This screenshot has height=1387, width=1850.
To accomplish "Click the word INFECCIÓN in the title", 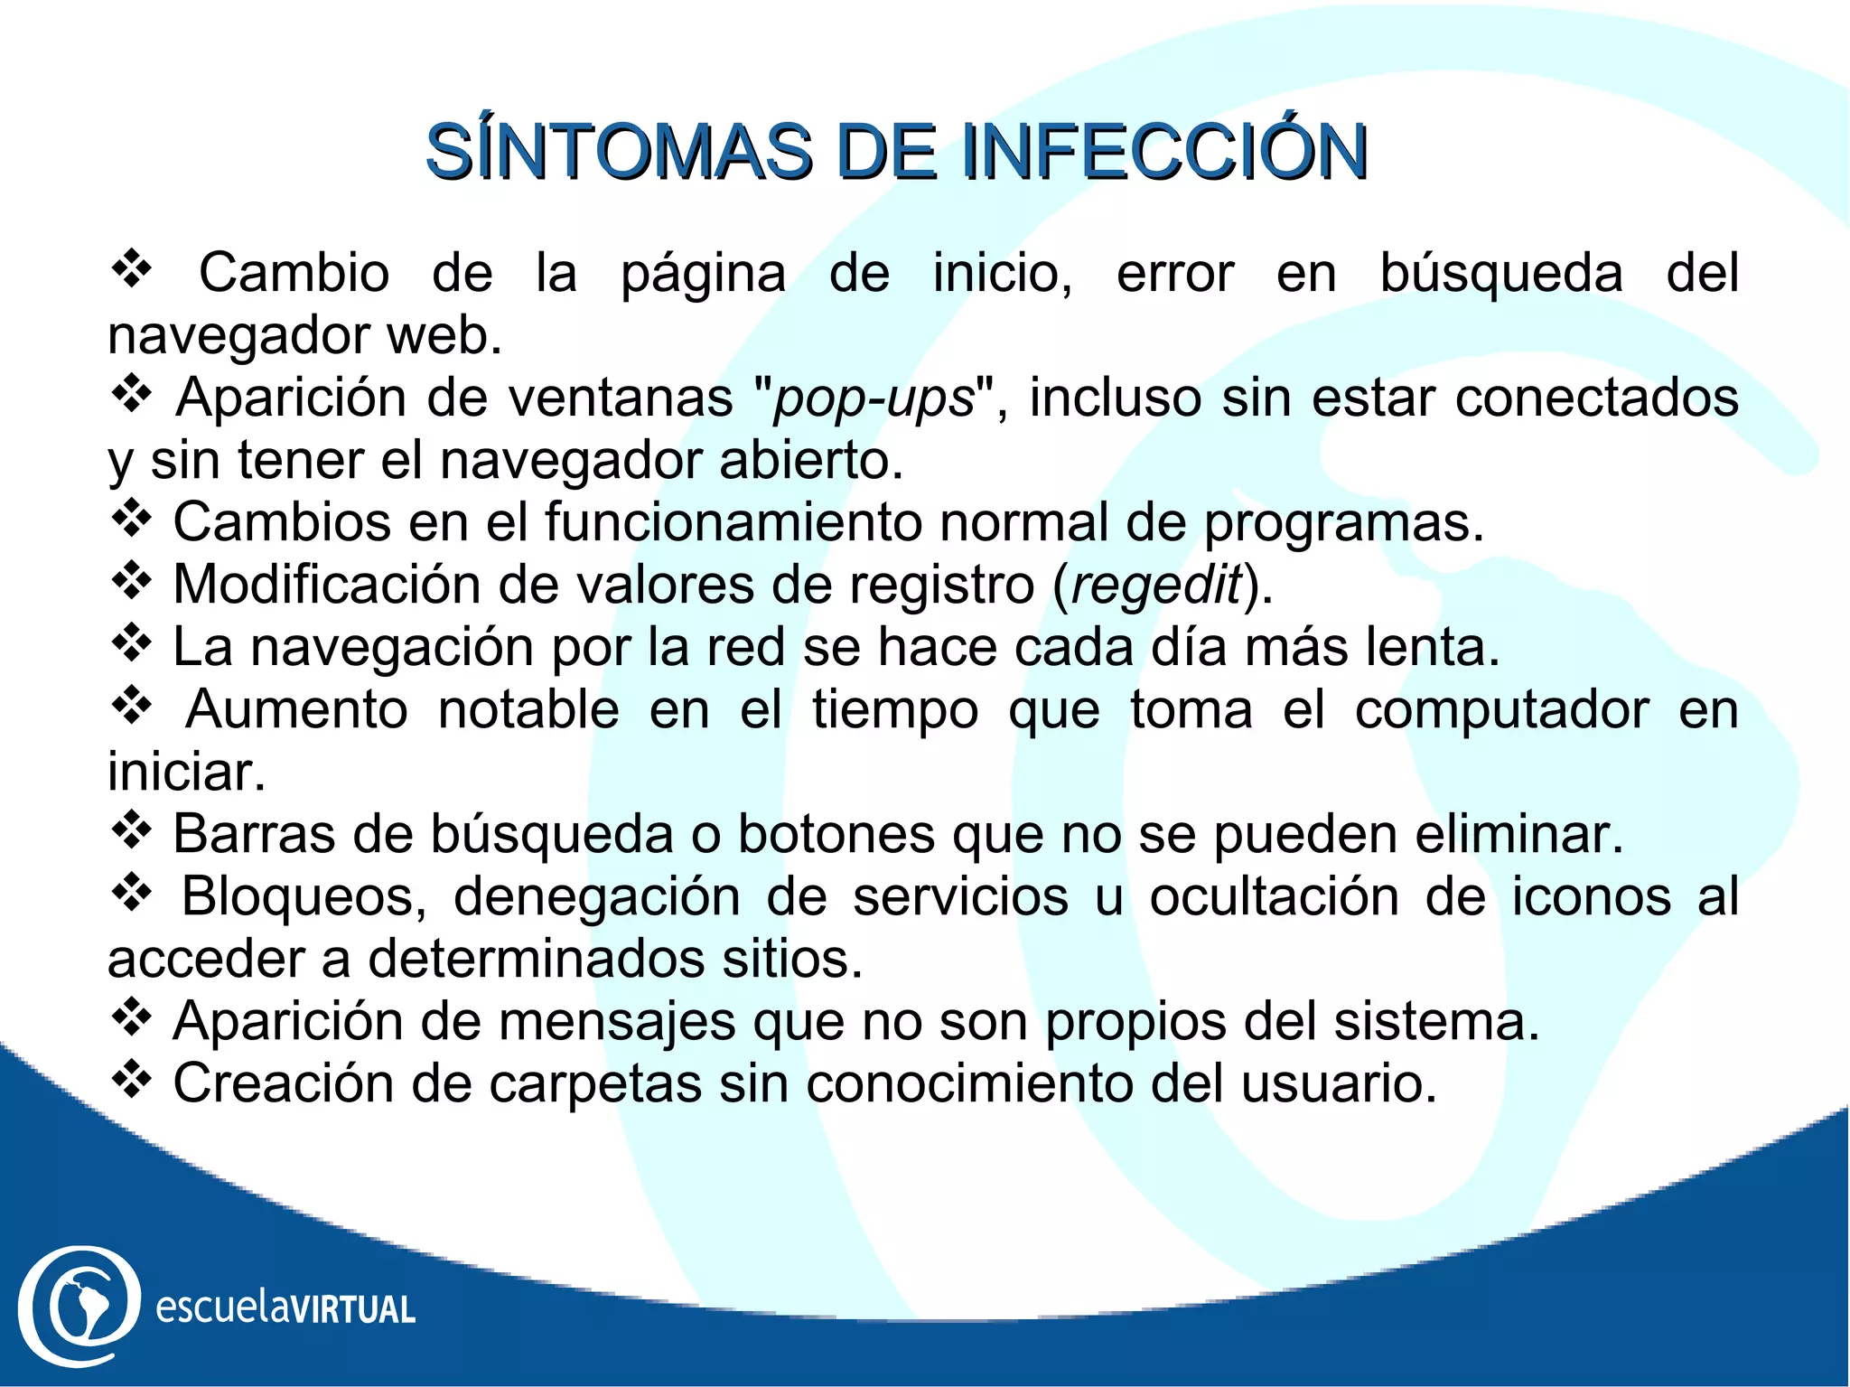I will tap(1164, 152).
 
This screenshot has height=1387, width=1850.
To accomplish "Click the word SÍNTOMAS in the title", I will tap(620, 152).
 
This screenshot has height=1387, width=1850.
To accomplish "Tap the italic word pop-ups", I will tap(874, 398).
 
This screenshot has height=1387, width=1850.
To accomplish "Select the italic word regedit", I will tap(1156, 586).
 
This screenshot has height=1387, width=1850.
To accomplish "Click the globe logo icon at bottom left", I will tap(79, 1306).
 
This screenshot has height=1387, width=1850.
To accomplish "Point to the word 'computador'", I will tap(1501, 710).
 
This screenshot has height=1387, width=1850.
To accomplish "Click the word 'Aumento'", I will tap(297, 709).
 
